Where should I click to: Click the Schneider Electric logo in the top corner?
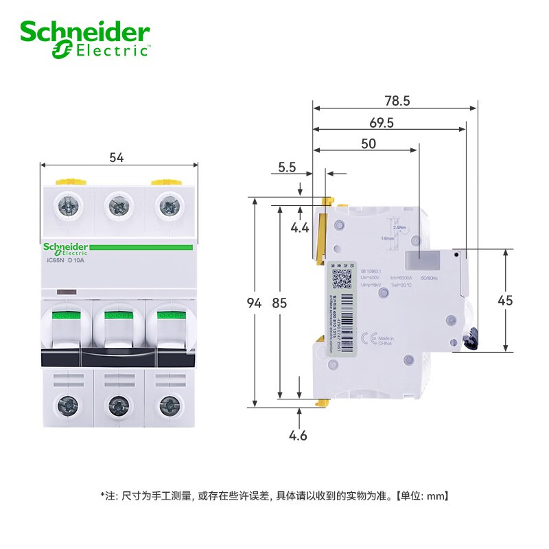pyautogui.click(x=84, y=39)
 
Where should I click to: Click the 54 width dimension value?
pyautogui.click(x=117, y=158)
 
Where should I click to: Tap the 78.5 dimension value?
pyautogui.click(x=397, y=101)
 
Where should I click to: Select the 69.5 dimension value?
pyautogui.click(x=381, y=123)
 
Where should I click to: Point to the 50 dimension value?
pyautogui.click(x=369, y=144)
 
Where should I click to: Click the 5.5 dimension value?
pyautogui.click(x=287, y=167)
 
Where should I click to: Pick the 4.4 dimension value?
pyautogui.click(x=300, y=228)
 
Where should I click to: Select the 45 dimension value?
pyautogui.click(x=505, y=301)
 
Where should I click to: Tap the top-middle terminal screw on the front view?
pyautogui.click(x=117, y=205)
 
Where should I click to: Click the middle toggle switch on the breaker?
pyautogui.click(x=117, y=329)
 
